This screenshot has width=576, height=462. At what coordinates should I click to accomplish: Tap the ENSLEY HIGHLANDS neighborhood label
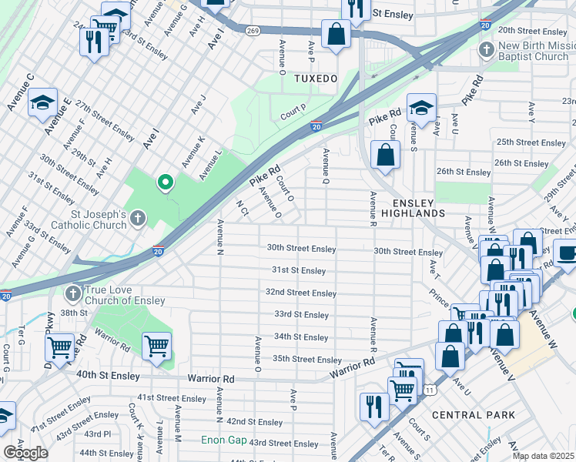pyautogui.click(x=414, y=206)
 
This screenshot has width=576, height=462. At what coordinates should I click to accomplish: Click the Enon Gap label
pyautogui.click(x=223, y=440)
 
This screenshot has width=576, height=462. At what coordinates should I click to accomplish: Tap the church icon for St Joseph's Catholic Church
pyautogui.click(x=137, y=219)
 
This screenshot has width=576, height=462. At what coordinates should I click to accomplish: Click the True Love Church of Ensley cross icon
pyautogui.click(x=72, y=293)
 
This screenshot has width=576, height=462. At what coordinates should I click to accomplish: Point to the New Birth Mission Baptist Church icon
pyautogui.click(x=485, y=51)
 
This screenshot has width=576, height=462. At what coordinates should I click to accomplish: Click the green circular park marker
pyautogui.click(x=164, y=182)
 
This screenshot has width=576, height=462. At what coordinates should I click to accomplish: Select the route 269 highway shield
pyautogui.click(x=252, y=30)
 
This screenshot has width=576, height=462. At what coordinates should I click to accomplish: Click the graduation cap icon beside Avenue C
pyautogui.click(x=43, y=102)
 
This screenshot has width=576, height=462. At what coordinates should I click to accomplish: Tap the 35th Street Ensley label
pyautogui.click(x=307, y=360)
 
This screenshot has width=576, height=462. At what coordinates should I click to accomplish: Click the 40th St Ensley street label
pyautogui.click(x=109, y=376)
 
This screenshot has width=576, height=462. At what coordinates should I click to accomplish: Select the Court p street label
pyautogui.click(x=293, y=112)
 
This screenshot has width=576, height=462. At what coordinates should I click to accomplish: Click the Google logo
pyautogui.click(x=25, y=453)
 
